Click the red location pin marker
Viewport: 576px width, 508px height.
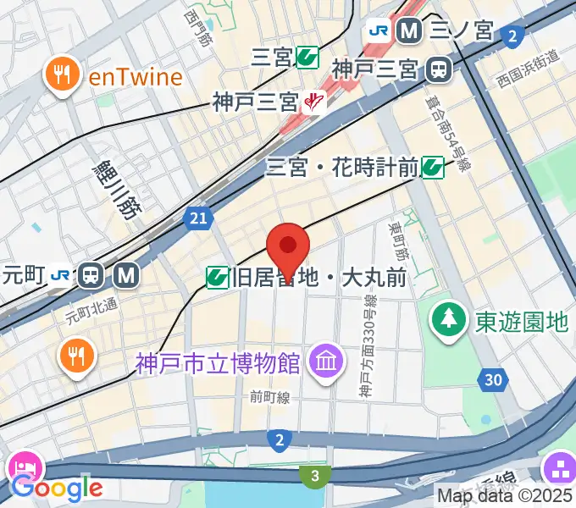click(288, 246)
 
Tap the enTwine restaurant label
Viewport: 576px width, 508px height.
click(136, 78)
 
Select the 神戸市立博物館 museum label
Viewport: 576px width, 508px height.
click(218, 363)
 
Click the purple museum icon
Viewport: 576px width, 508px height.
click(325, 362)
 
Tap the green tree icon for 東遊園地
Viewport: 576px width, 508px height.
click(446, 319)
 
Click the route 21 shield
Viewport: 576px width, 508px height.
click(197, 219)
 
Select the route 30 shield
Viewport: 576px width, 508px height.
click(494, 378)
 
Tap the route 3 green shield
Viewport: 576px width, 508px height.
click(315, 477)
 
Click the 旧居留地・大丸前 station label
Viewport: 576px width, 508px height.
click(324, 277)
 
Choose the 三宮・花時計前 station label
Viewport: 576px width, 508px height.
click(342, 167)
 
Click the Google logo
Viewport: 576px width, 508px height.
click(57, 487)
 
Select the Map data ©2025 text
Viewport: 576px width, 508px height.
click(506, 496)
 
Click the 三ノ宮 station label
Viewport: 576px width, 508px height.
click(462, 31)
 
